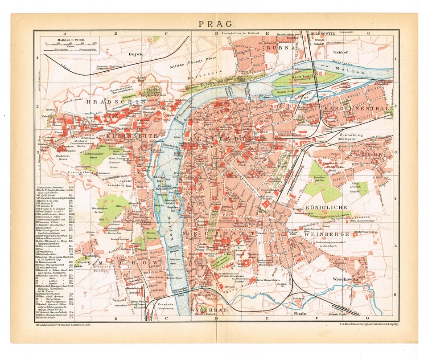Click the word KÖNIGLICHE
[x=327, y=208]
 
